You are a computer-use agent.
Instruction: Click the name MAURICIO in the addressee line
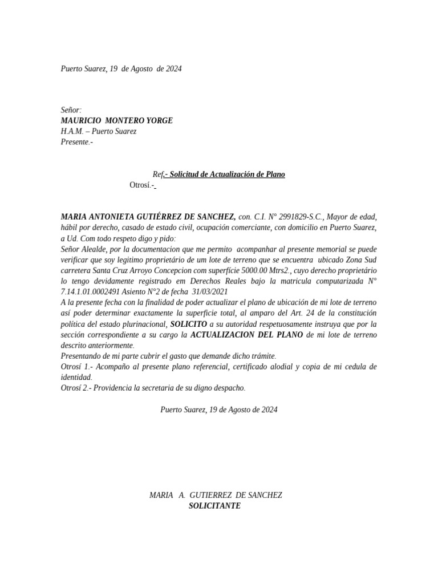80,120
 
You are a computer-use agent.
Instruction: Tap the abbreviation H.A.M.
72,131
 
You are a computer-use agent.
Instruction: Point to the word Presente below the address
75,142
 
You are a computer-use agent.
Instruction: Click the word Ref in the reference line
157,174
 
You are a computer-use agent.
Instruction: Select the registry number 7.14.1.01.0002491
90,291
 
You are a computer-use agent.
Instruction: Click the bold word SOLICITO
188,324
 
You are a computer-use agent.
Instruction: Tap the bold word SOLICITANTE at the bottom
215,506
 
